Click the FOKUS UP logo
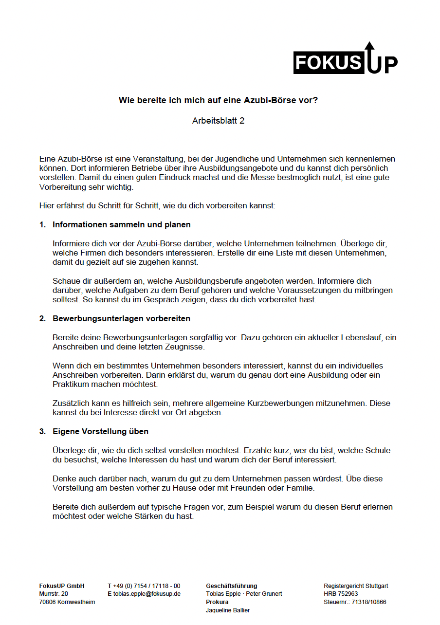click(345, 61)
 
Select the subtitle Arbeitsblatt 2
click(218, 121)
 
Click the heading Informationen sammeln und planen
click(121, 225)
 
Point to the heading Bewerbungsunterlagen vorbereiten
click(121, 319)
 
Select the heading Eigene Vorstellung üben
click(100, 432)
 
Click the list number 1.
click(42, 225)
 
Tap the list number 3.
click(42, 432)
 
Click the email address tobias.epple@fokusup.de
click(147, 594)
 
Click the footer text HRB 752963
click(341, 594)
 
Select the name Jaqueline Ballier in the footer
click(228, 610)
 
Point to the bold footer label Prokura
click(217, 602)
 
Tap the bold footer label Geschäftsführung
click(231, 586)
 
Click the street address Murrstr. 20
click(54, 594)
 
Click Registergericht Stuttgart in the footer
click(356, 586)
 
